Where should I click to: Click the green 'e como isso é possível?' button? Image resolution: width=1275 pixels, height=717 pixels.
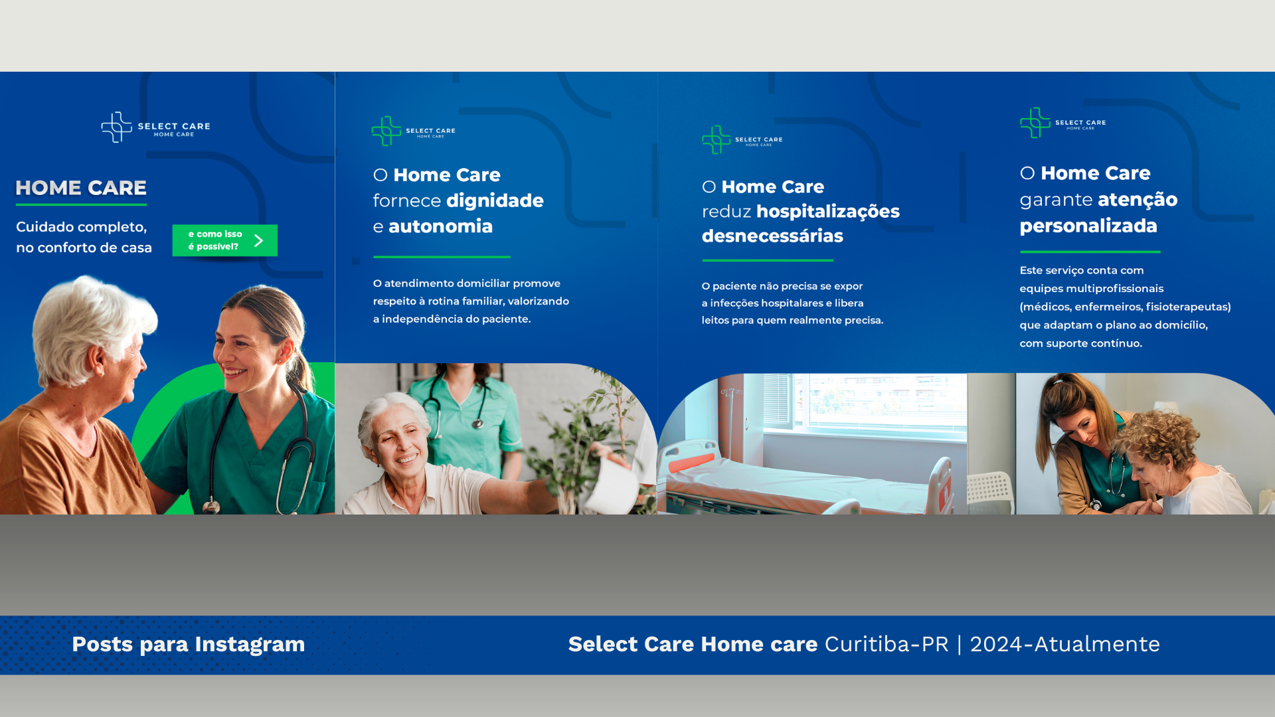pos(224,240)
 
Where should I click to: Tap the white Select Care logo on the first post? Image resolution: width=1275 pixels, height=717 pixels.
pos(155,127)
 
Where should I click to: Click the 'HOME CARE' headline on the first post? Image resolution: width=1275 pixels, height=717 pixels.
pos(81,188)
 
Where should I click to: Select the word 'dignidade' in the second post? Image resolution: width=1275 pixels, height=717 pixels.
pos(495,201)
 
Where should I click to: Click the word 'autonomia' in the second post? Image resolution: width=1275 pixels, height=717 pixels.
pos(440,226)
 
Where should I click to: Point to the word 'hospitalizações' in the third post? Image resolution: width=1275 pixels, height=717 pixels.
pos(827,212)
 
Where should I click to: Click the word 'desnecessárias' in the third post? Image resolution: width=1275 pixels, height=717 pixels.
pos(772,236)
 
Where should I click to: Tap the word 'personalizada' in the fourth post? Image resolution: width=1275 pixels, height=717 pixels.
pos(1088,226)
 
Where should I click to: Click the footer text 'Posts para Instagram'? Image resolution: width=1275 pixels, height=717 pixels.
pos(189,645)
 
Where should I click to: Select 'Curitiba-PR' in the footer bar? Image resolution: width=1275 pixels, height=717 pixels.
pos(887,644)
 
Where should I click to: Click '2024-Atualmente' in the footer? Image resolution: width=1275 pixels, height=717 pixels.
pos(1064,644)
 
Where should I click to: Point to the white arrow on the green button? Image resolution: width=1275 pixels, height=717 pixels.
pos(259,240)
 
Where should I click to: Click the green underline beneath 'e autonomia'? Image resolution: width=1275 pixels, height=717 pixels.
pos(442,257)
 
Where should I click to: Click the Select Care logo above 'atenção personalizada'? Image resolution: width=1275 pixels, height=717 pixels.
pos(1062,123)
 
